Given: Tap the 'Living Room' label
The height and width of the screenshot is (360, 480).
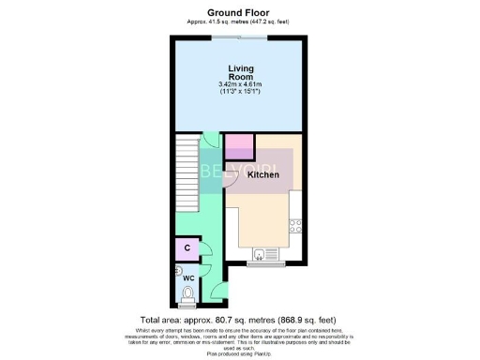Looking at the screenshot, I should (x=241, y=73).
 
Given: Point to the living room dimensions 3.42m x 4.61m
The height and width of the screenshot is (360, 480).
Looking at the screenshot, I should (x=241, y=88).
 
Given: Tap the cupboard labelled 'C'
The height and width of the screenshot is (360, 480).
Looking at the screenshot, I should (x=187, y=247).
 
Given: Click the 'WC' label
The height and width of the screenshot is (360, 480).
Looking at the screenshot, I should (x=187, y=279).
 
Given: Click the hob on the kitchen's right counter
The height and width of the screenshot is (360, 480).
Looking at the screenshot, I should (x=295, y=225).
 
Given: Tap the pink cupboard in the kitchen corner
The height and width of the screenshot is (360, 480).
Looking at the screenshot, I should (x=239, y=146).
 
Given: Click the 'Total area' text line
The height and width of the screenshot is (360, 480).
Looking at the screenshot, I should (x=239, y=319).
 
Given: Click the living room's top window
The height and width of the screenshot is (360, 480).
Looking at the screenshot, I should (x=238, y=37).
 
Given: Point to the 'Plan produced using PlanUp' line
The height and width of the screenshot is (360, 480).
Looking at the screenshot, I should (x=239, y=352).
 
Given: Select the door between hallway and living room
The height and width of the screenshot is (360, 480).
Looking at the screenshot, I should (x=214, y=141).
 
